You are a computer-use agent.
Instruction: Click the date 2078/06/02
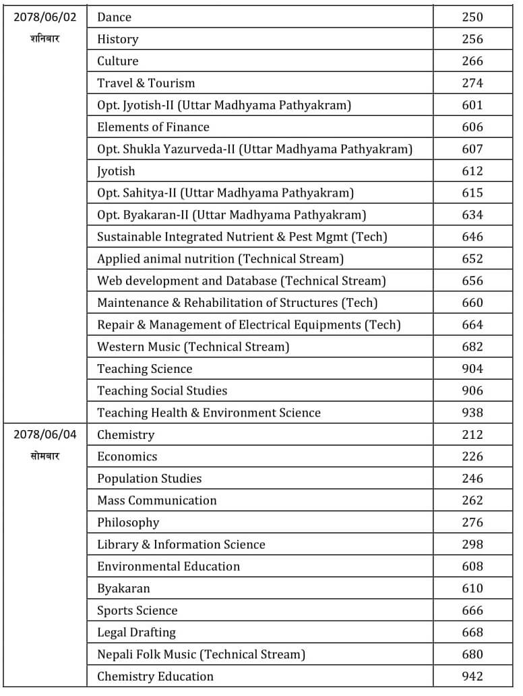pyautogui.click(x=45, y=17)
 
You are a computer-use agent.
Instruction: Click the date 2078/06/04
pyautogui.click(x=45, y=434)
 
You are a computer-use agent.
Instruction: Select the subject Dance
pyautogui.click(x=115, y=17)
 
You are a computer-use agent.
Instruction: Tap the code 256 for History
pyautogui.click(x=472, y=39)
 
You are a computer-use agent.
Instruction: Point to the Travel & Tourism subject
pyautogui.click(x=146, y=83)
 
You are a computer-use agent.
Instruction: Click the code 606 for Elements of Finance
pyautogui.click(x=472, y=127)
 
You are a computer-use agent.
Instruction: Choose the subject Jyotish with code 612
pyautogui.click(x=116, y=171)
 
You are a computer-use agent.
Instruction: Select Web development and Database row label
pyautogui.click(x=241, y=281)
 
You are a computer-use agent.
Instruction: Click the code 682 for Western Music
pyautogui.click(x=472, y=347)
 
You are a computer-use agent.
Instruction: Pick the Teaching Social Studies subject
pyautogui.click(x=162, y=390)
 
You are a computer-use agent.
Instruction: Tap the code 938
pyautogui.click(x=472, y=413)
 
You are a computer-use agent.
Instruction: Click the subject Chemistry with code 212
pyautogui.click(x=126, y=435)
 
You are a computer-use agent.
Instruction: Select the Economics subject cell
pyautogui.click(x=127, y=456)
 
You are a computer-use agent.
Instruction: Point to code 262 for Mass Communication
pyautogui.click(x=472, y=500)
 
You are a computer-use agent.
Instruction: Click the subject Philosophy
pyautogui.click(x=128, y=522)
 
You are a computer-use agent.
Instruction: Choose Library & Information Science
pyautogui.click(x=181, y=545)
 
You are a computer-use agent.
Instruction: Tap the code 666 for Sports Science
pyautogui.click(x=472, y=611)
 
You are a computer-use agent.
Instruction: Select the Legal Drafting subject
pyautogui.click(x=137, y=632)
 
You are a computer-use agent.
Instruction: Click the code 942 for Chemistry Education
pyautogui.click(x=472, y=676)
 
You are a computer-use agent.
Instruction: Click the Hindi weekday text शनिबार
pyautogui.click(x=45, y=38)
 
